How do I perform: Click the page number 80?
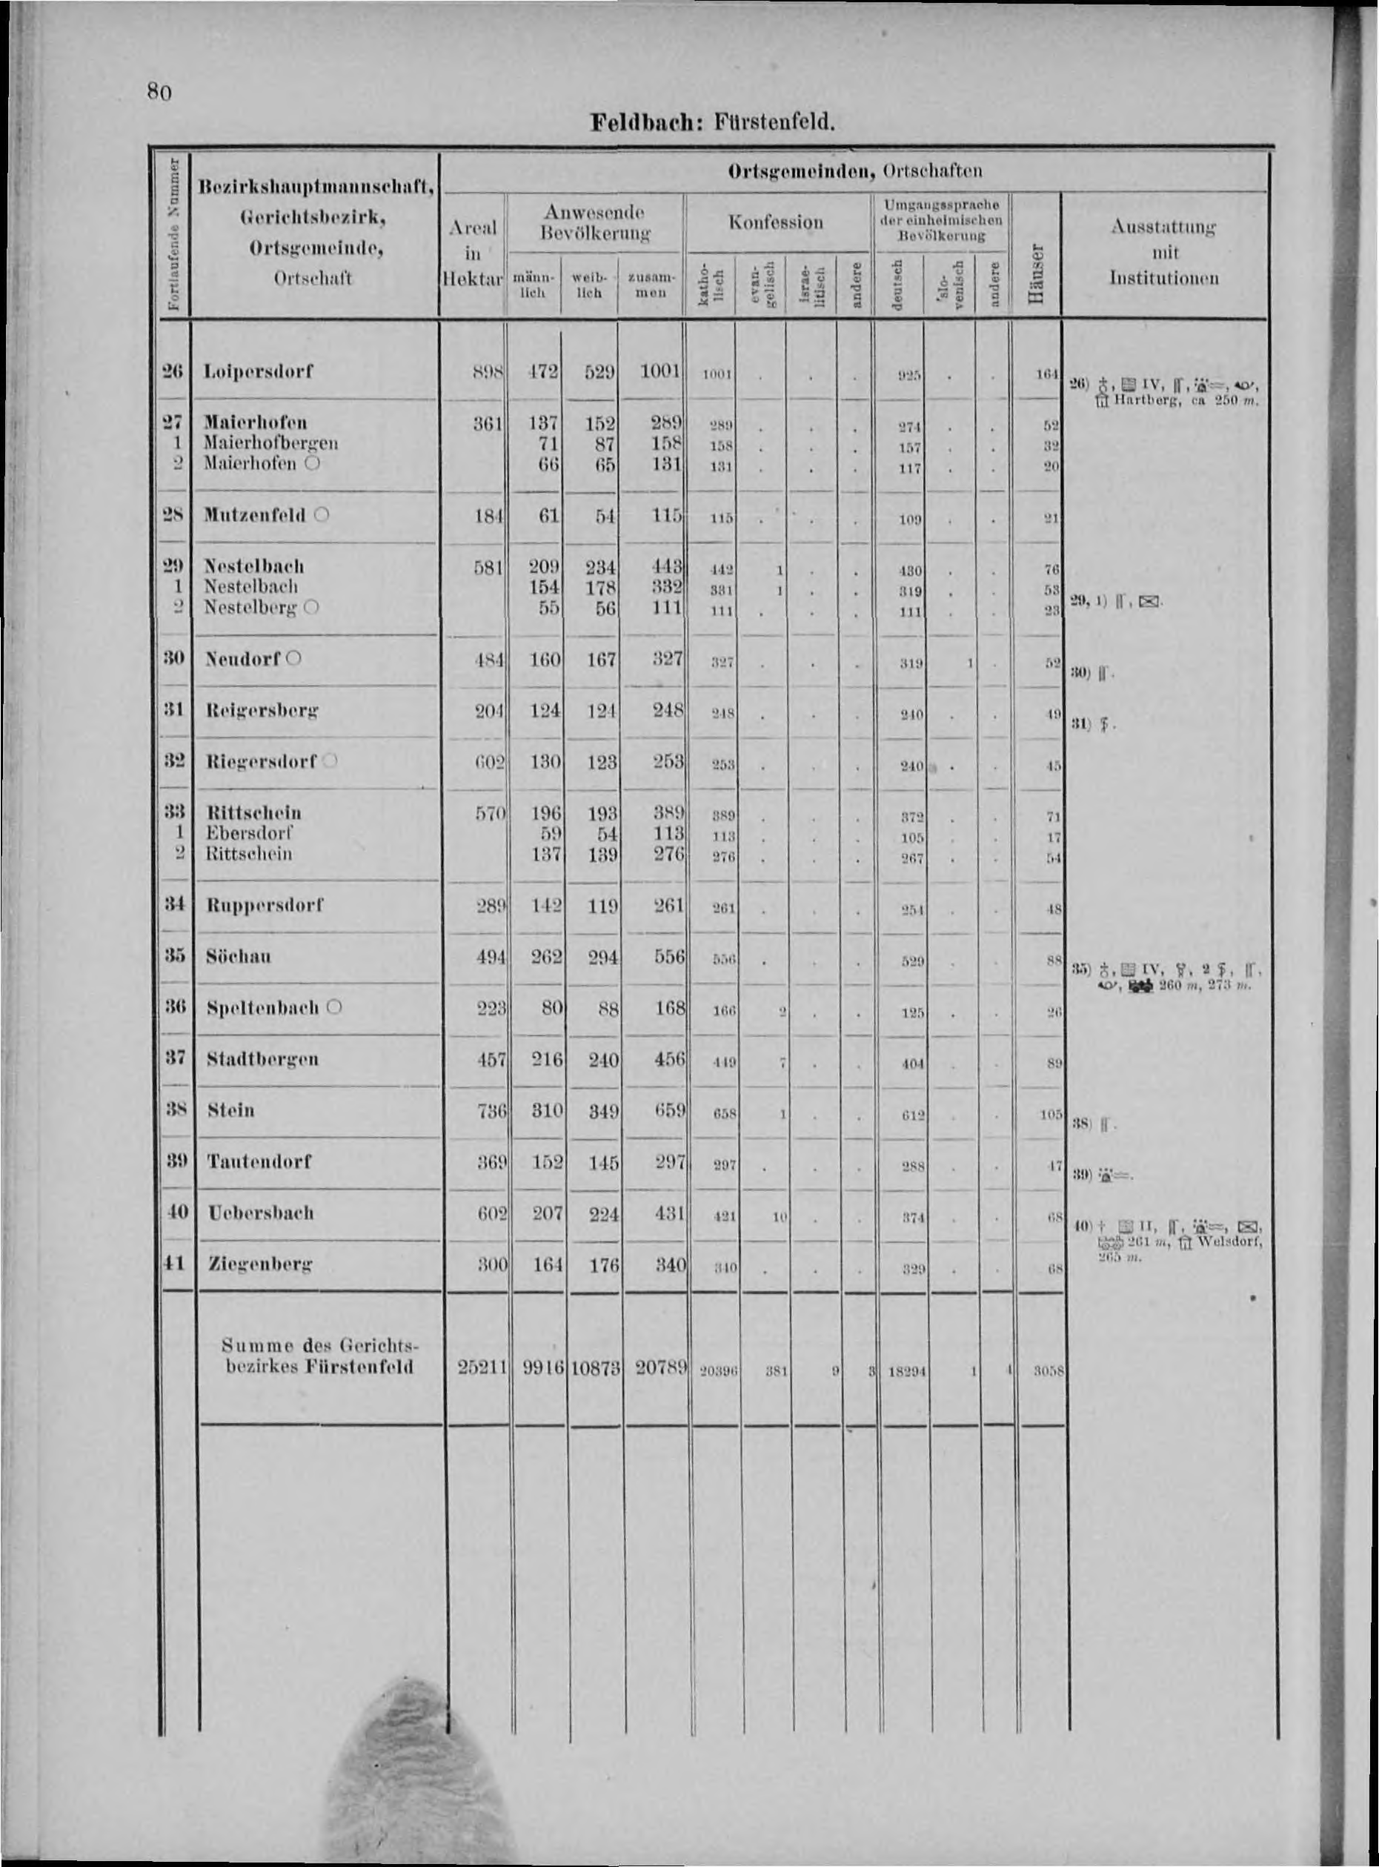pos(159,90)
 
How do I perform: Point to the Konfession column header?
pos(776,222)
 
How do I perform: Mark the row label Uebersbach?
pos(260,1213)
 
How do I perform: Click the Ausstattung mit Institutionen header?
pos(1163,251)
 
